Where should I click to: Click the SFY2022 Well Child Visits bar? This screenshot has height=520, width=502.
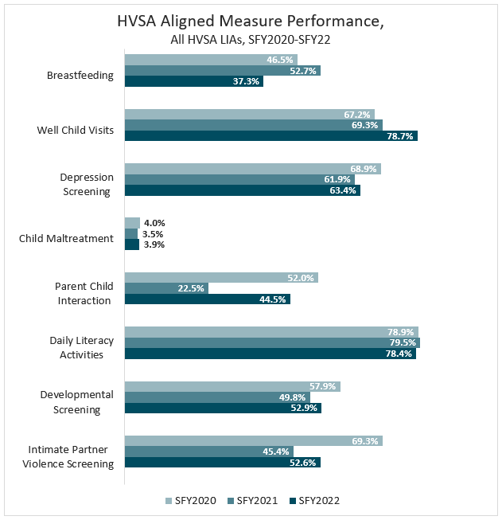pyautogui.click(x=270, y=136)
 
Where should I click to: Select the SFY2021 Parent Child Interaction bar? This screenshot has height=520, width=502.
pyautogui.click(x=166, y=288)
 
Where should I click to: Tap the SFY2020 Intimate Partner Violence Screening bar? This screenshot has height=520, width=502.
pyautogui.click(x=253, y=440)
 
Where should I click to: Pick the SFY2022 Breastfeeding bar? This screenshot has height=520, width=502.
pyautogui.click(x=193, y=81)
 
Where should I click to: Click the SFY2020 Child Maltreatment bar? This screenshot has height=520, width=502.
pyautogui.click(x=132, y=223)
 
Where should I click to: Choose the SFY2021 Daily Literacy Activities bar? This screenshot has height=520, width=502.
pyautogui.click(x=272, y=342)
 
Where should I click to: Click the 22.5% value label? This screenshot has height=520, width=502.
pyautogui.click(x=192, y=288)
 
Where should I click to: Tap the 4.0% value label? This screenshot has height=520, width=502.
pyautogui.click(x=154, y=223)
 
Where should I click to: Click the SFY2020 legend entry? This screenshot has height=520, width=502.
pyautogui.click(x=192, y=500)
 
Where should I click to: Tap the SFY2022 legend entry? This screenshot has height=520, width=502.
pyautogui.click(x=311, y=500)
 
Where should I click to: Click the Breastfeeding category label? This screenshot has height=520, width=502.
pyautogui.click(x=80, y=76)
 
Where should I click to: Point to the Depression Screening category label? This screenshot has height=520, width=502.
pyautogui.click(x=86, y=184)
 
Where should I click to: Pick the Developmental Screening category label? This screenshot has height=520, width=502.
pyautogui.click(x=76, y=401)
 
